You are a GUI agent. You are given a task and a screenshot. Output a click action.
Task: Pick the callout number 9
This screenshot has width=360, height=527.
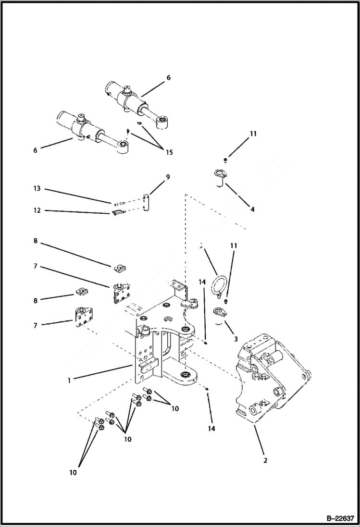tap(168, 177)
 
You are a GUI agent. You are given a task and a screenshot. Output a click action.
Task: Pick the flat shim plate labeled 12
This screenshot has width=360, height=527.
tap(117, 212)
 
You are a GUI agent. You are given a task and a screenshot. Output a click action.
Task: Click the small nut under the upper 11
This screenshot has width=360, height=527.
tap(225, 159)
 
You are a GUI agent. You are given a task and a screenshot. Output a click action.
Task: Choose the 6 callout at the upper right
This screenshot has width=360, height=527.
tap(168, 77)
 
